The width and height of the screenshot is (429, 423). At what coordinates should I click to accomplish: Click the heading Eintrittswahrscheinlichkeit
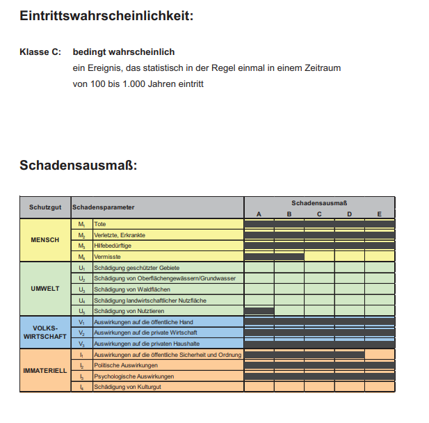coord(106,15)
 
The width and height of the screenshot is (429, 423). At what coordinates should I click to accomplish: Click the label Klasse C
coord(40,52)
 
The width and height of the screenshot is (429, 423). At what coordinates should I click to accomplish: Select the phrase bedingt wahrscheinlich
coord(124,52)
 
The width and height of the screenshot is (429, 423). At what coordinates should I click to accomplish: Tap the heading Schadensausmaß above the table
coord(78,166)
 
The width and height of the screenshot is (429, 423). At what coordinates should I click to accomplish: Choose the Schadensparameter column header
coord(104,207)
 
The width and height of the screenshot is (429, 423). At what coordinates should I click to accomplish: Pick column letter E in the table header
coord(380,214)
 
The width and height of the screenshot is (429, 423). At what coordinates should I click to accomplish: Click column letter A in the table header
coord(259,214)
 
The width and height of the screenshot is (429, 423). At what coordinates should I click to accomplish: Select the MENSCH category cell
coord(45,240)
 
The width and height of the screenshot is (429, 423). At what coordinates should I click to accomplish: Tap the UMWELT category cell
coord(45,289)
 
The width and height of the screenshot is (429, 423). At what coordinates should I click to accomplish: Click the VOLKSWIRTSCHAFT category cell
coord(45,333)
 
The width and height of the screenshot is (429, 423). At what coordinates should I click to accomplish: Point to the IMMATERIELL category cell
coord(45,370)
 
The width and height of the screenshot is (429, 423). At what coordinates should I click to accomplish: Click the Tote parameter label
coord(100,224)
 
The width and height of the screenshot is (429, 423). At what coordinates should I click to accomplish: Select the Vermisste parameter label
coord(107,257)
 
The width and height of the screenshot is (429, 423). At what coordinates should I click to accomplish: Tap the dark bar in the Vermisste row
coord(274,257)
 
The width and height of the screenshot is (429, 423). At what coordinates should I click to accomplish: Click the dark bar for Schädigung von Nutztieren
coord(259,311)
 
